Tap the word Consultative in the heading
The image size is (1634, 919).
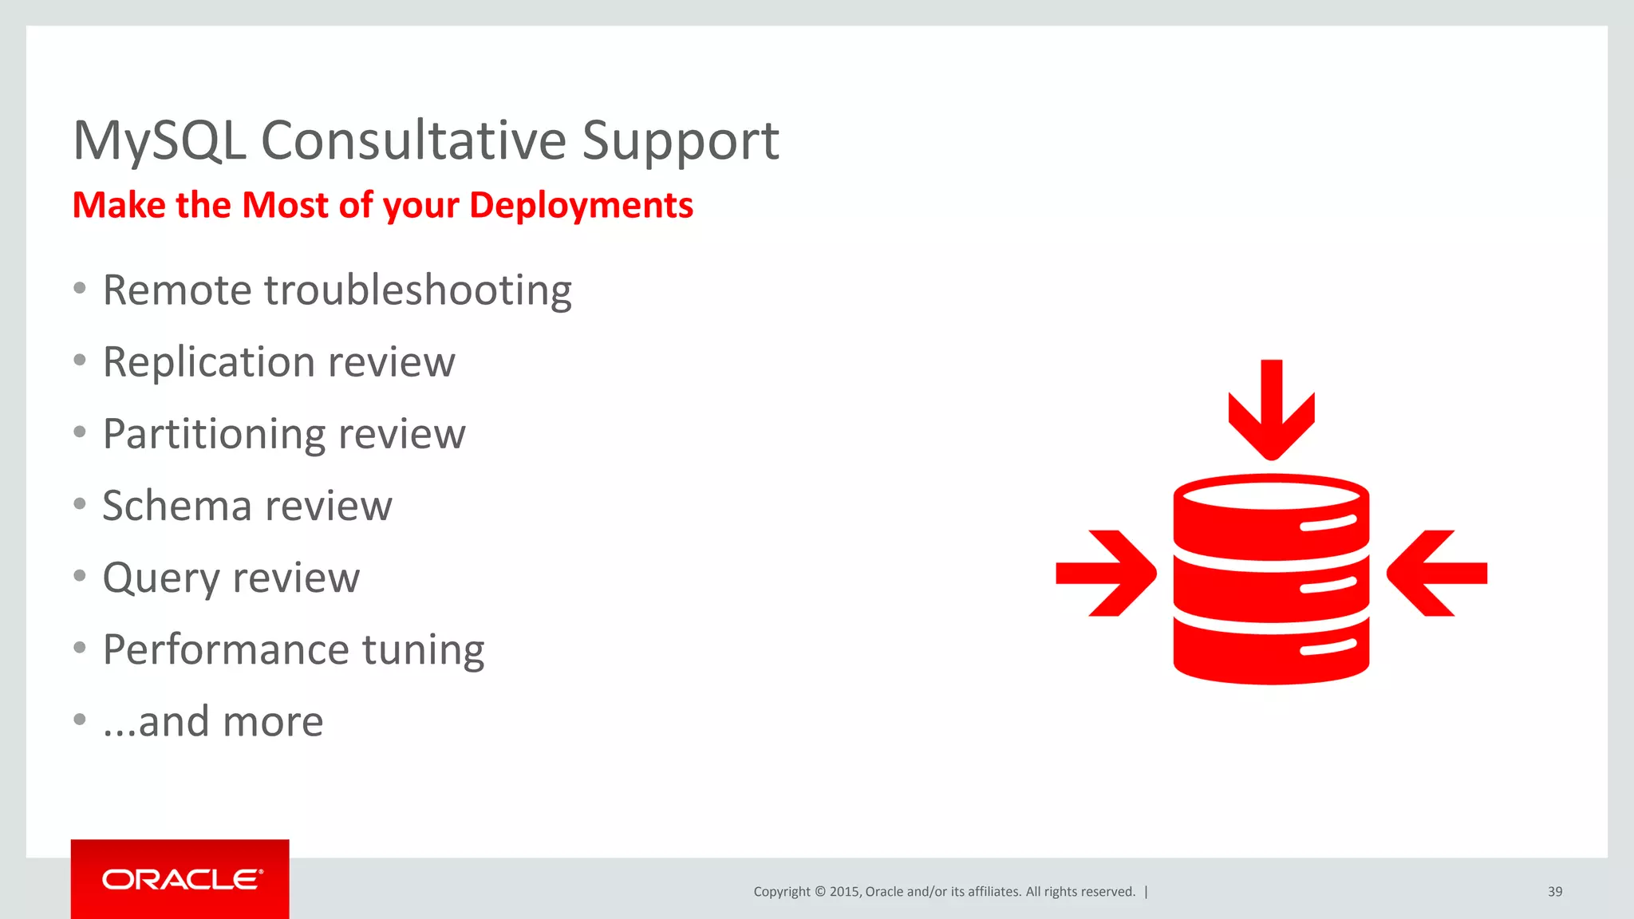click(413, 141)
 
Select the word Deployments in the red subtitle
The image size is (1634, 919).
click(581, 206)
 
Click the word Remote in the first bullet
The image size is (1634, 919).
click(177, 290)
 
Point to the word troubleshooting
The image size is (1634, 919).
click(418, 291)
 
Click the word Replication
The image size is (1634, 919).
click(209, 363)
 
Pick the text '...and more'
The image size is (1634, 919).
click(213, 722)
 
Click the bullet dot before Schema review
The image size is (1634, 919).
click(79, 504)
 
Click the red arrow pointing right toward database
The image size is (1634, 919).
click(1106, 573)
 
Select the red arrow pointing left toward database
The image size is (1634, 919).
click(1436, 573)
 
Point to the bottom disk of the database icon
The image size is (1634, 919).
click(1271, 650)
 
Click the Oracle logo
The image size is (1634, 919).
click(180, 879)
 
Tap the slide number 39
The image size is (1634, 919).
click(1554, 892)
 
